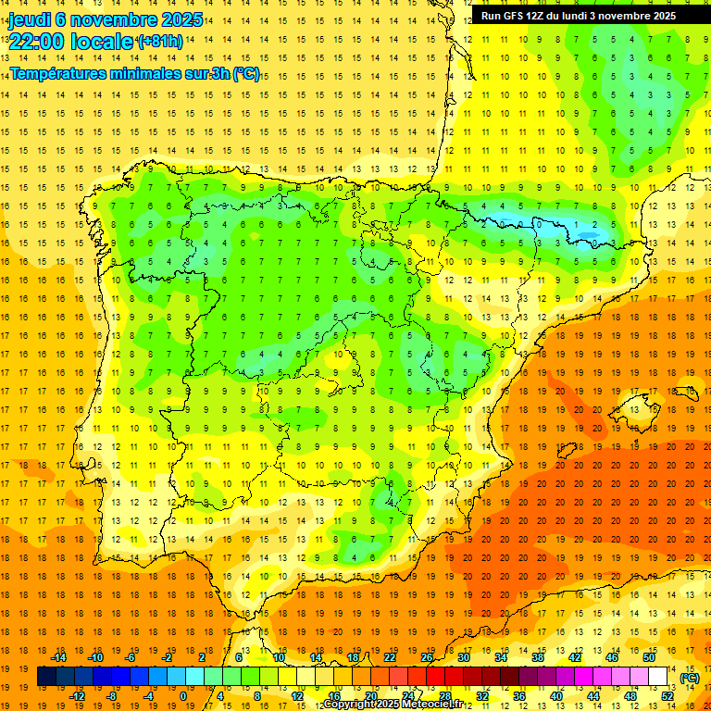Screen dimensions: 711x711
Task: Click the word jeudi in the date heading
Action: click(x=30, y=19)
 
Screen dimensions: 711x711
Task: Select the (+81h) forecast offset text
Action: click(x=159, y=42)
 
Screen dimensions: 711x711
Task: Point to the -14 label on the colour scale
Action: click(x=58, y=657)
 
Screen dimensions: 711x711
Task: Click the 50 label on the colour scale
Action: click(x=649, y=657)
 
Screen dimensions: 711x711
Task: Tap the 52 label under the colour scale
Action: click(x=667, y=695)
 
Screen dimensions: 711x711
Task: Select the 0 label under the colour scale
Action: click(x=183, y=695)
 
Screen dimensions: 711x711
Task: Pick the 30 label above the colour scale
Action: click(x=463, y=657)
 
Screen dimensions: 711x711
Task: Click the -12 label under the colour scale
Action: click(x=77, y=695)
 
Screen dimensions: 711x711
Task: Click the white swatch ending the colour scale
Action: click(x=658, y=677)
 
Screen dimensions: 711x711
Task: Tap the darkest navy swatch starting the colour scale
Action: click(x=46, y=677)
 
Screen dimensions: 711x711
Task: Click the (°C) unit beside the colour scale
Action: click(x=689, y=678)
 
